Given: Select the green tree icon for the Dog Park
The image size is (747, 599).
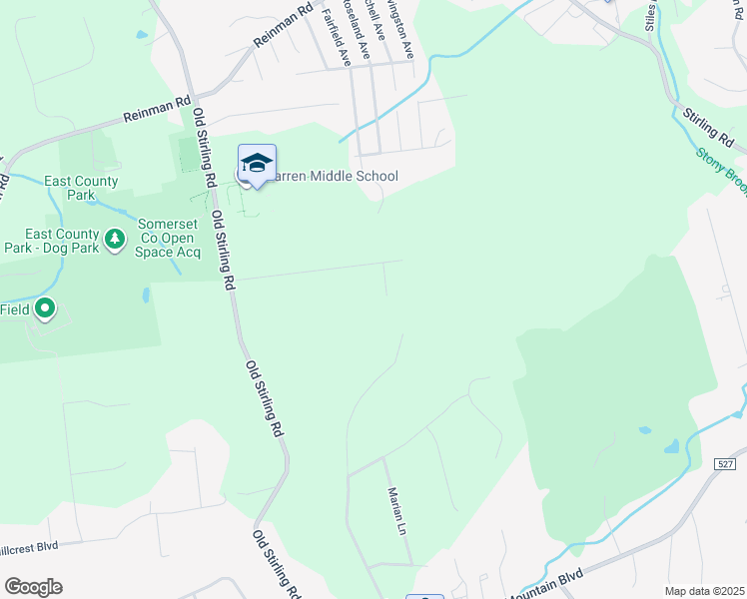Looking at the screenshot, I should pyautogui.click(x=116, y=239).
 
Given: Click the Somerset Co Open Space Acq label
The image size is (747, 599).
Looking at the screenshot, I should pyautogui.click(x=169, y=239).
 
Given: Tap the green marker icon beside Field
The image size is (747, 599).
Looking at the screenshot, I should pyautogui.click(x=44, y=309).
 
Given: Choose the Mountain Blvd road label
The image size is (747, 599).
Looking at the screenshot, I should pyautogui.click(x=544, y=578).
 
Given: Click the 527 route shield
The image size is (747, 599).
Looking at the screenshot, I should pyautogui.click(x=726, y=463).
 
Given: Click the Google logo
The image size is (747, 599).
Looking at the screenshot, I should pyautogui.click(x=33, y=587).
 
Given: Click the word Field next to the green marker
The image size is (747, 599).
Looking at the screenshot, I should pyautogui.click(x=14, y=310).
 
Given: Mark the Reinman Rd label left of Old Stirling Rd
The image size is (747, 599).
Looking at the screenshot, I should pyautogui.click(x=157, y=109).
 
